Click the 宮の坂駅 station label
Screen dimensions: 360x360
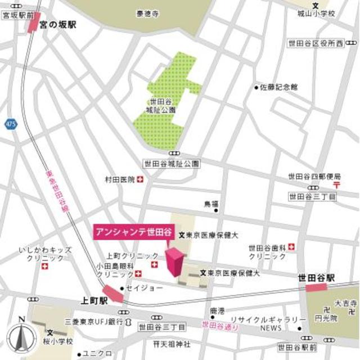(x=58, y=25)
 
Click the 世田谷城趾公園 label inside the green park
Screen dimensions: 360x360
(x=163, y=106)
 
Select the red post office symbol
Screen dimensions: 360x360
(x=336, y=184)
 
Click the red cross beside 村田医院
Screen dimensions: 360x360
(x=140, y=179)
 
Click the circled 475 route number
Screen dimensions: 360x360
(x=9, y=123)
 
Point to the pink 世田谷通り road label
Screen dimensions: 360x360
(x=220, y=325)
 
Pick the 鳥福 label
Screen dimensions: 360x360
(x=211, y=202)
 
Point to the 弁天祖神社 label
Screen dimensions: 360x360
(x=172, y=344)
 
